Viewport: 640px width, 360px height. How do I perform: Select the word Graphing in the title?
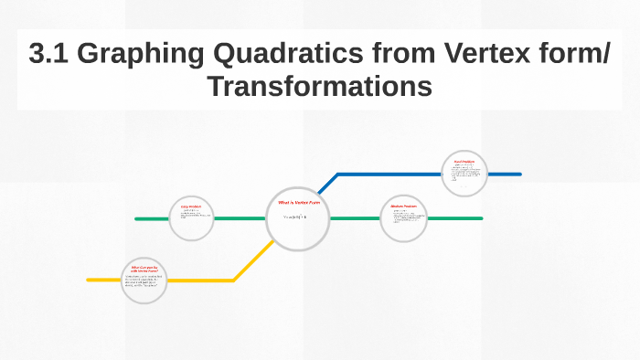pos(155,56)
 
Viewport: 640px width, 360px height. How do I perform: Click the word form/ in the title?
pos(582,56)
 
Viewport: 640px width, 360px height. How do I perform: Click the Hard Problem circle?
pos(464,173)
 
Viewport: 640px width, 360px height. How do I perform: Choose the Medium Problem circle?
pos(403,218)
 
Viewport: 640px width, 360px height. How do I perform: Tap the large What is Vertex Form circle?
pos(296,219)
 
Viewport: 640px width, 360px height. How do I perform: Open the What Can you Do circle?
pos(144,280)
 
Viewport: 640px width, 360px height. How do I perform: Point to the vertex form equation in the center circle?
pos(295,217)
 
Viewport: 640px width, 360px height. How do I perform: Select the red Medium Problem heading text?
pos(403,206)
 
